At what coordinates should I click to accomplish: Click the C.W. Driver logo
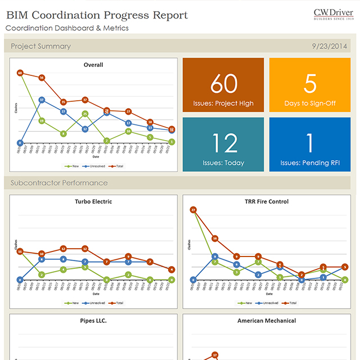tap(334, 14)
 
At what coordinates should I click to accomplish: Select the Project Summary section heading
tap(40, 46)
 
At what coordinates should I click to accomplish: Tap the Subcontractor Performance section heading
tap(59, 183)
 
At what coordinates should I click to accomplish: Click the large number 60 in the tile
tap(224, 84)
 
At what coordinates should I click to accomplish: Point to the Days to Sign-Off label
tap(310, 103)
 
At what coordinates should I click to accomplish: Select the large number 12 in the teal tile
tap(224, 144)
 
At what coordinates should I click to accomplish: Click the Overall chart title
tap(93, 65)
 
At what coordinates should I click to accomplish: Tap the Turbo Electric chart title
tap(93, 201)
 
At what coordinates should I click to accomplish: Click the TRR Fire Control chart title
tap(267, 201)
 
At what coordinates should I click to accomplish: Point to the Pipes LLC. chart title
tap(93, 321)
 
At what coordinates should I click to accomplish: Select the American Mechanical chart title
tap(267, 321)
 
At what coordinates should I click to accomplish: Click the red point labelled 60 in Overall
tap(20, 73)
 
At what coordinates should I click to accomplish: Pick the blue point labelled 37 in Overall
tap(42, 100)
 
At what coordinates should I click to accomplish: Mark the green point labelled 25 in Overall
tap(85, 114)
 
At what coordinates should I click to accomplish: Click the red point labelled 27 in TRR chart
tap(193, 210)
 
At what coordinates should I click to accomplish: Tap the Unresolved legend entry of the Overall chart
tap(93, 166)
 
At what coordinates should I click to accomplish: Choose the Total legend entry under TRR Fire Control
tap(290, 303)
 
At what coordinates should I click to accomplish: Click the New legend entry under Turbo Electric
tap(72, 303)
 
